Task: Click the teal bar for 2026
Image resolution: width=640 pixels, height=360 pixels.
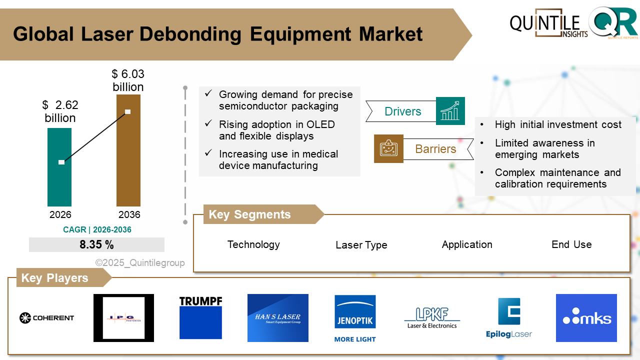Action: click(x=59, y=185)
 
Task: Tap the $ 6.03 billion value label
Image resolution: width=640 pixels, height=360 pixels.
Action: click(x=128, y=80)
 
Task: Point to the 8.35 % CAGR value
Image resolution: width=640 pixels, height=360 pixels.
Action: click(x=96, y=245)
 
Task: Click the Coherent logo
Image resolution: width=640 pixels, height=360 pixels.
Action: click(x=46, y=317)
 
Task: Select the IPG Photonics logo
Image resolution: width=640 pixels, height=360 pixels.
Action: click(x=123, y=318)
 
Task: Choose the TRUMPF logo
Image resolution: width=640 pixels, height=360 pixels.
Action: click(x=200, y=317)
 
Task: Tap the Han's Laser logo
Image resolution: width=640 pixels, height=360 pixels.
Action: click(x=277, y=317)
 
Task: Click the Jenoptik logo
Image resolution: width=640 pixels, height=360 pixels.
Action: click(x=355, y=318)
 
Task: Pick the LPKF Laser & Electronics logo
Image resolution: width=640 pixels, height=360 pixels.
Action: click(x=432, y=318)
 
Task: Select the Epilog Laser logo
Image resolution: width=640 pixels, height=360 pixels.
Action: click(x=509, y=318)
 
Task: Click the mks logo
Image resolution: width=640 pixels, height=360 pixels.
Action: click(x=586, y=318)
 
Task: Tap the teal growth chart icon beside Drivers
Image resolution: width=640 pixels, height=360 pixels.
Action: click(x=450, y=111)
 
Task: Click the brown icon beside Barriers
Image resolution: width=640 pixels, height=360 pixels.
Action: click(x=388, y=148)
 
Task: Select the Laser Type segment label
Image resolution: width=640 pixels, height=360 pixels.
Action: click(x=361, y=245)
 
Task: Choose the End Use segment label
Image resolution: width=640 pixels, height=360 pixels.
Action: click(x=571, y=244)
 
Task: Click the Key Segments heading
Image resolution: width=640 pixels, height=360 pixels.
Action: click(x=249, y=214)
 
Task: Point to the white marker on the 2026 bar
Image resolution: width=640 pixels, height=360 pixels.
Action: click(x=61, y=162)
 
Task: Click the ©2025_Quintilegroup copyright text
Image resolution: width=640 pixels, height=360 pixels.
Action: click(x=140, y=262)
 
